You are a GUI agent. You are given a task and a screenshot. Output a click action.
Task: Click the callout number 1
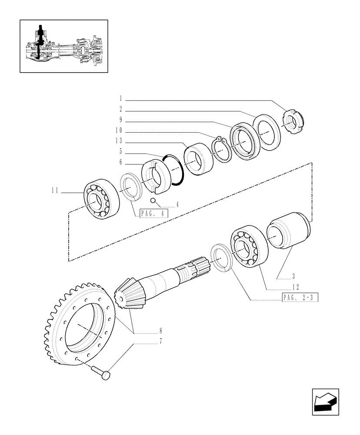click(x=121, y=99)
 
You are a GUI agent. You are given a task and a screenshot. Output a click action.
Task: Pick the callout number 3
click(x=293, y=276)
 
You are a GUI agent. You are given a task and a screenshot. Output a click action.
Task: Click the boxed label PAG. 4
click(x=154, y=214)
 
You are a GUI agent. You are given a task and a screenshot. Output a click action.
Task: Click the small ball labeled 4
click(x=153, y=200)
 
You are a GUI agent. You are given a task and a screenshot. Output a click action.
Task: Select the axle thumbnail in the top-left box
click(x=63, y=46)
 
